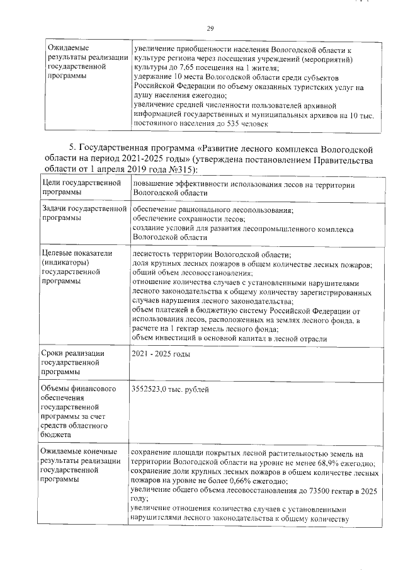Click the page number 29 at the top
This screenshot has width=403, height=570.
pyautogui.click(x=211, y=27)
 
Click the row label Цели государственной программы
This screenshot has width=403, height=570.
pyautogui.click(x=80, y=188)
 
